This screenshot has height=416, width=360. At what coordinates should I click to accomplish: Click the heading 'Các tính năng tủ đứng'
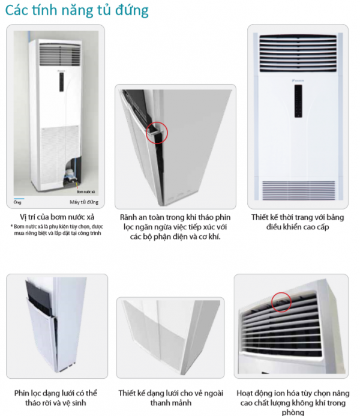[77, 11]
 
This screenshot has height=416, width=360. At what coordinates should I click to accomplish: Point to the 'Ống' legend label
[17, 202]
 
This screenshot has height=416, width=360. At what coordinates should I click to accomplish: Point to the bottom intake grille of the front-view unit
[298, 190]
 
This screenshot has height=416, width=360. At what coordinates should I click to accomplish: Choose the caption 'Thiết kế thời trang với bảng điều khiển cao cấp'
[298, 221]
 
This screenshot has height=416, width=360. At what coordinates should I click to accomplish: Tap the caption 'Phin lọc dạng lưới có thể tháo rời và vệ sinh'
[56, 398]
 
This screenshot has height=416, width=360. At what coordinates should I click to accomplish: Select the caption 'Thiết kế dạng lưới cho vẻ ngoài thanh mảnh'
[175, 398]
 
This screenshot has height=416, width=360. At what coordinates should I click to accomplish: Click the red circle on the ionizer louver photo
[281, 302]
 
